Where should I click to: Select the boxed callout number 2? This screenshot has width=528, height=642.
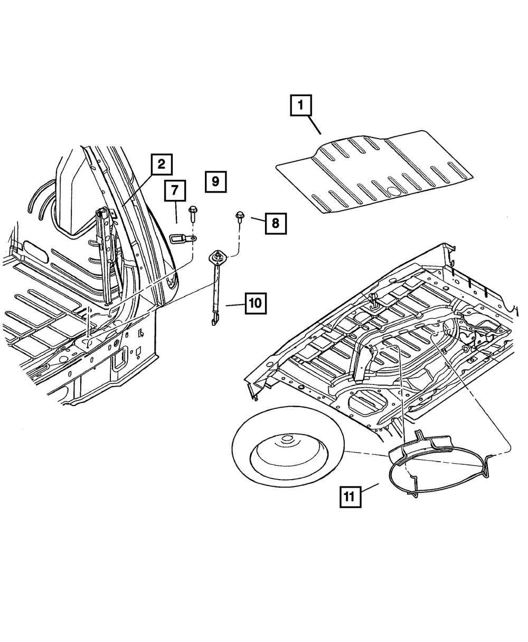coord(161,164)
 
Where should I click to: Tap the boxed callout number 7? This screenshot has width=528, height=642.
coord(175,191)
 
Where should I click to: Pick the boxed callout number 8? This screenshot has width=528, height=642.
coord(276,223)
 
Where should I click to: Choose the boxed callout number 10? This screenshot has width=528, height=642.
coord(255,304)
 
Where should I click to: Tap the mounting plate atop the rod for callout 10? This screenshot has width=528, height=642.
coord(217,257)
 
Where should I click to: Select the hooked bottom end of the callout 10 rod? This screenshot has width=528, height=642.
coord(214,320)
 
